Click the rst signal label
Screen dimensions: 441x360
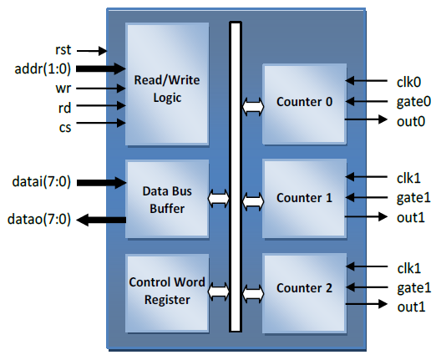[x=63, y=50]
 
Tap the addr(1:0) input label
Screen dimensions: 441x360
[x=43, y=68]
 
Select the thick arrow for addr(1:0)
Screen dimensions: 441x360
[x=101, y=68]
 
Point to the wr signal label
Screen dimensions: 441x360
[x=63, y=89]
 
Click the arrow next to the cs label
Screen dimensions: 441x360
[x=101, y=123]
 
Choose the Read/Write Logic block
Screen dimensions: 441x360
[x=167, y=84]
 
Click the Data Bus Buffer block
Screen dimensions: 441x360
[x=167, y=199]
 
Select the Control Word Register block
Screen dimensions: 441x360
[x=167, y=293]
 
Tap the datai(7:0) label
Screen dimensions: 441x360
[x=42, y=182]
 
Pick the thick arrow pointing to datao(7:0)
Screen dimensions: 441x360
[x=101, y=220]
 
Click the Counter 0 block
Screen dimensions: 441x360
[x=304, y=104]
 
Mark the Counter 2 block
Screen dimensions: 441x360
[x=304, y=293]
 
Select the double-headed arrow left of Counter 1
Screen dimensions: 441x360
[x=253, y=201]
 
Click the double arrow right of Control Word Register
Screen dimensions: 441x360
[x=219, y=292]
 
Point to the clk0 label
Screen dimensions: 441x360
[x=408, y=82]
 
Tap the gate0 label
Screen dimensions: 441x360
[x=413, y=102]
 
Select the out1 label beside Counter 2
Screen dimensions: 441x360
[x=411, y=307]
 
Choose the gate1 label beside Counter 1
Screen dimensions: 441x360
[x=413, y=198]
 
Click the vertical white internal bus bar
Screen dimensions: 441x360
[x=236, y=177]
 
